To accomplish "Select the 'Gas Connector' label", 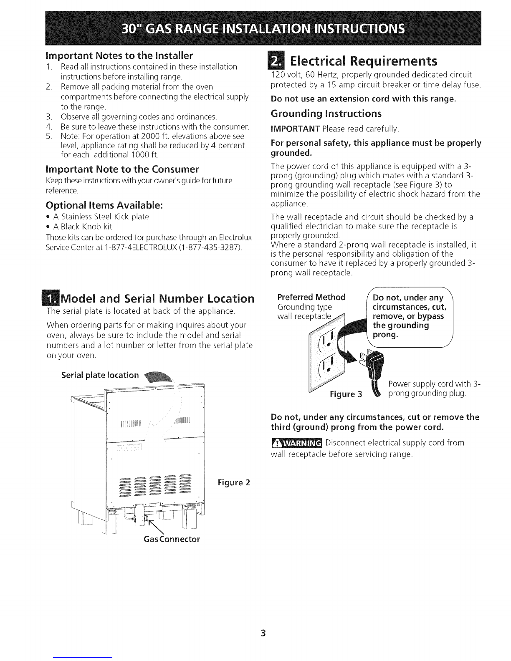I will [172, 539].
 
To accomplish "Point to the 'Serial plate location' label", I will [100, 375].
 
